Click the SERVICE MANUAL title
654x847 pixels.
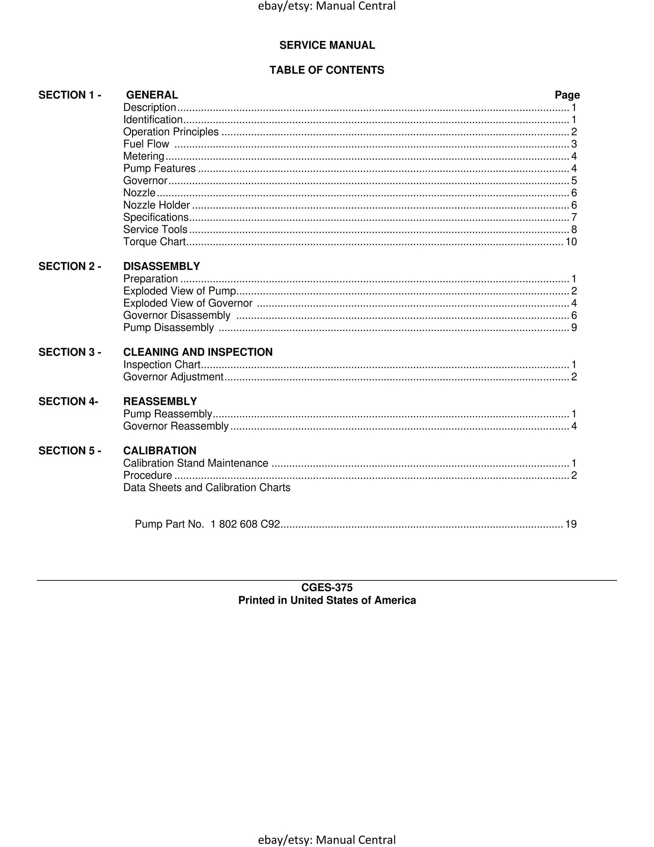pos(327,45)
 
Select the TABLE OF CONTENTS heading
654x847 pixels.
pos(327,70)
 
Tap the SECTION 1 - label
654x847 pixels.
pos(70,95)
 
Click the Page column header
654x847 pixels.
pos(567,95)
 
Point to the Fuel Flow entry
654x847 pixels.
pos(146,144)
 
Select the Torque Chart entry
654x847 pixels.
pos(154,242)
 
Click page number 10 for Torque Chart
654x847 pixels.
pos(571,242)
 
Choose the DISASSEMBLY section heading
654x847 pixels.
pos(161,266)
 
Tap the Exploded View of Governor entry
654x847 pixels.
pos(188,303)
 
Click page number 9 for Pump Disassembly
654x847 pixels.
pos(574,328)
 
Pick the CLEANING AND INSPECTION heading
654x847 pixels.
pos(198,352)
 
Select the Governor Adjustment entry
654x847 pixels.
pos(173,377)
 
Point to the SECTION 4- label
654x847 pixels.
pos(68,401)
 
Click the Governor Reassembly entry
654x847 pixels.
pos(176,426)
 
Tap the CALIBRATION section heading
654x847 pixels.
pos(160,451)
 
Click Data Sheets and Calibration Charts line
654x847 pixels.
pos(207,488)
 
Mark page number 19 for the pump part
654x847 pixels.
pos(571,524)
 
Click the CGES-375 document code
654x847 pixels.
pos(327,587)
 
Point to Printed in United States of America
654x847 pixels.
pos(327,600)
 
